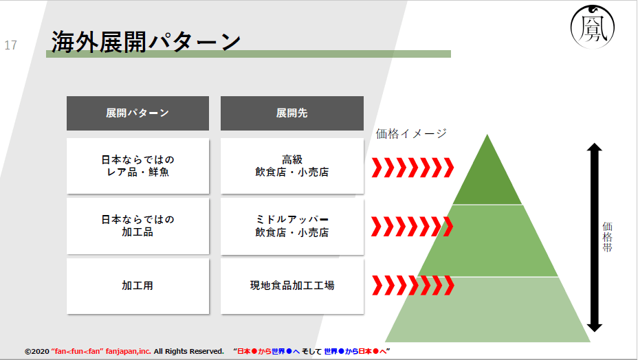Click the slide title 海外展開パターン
coord(146,42)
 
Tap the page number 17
coord(10,45)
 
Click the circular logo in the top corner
coord(593,27)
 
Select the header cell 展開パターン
coord(138,113)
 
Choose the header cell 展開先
coord(292,113)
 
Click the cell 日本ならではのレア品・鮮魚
coord(138,166)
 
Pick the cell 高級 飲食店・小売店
coord(292,166)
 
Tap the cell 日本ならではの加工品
coord(138,226)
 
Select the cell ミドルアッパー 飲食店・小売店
coord(292,226)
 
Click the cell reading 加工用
coord(138,286)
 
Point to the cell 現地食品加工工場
coord(292,286)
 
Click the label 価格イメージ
coord(411,133)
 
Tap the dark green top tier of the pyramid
coord(487,179)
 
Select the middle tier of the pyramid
coord(487,241)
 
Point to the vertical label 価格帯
coord(607,237)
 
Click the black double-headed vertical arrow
coord(595,237)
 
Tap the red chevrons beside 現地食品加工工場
coord(413,285)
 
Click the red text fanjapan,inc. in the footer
coord(128,351)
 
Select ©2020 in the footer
coord(37,352)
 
